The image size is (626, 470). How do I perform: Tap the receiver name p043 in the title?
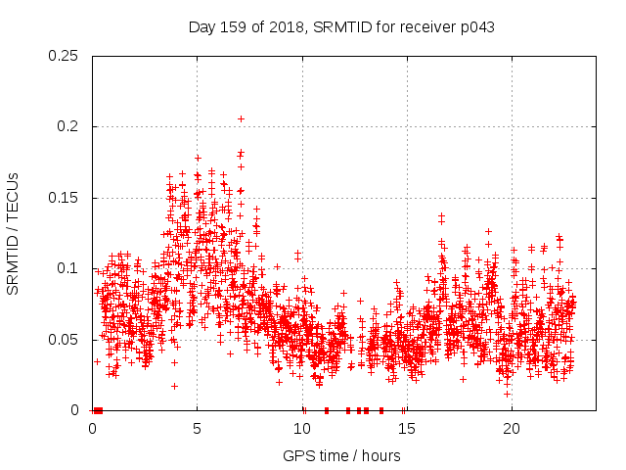pos(476,27)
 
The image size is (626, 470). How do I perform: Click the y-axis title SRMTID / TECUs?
pos(13,233)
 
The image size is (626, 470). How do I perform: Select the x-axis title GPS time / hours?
pos(341,455)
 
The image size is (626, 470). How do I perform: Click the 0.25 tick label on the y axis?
pos(65,56)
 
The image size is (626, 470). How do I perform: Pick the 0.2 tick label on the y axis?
pos(69,126)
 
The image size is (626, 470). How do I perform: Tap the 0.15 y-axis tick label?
pos(65,198)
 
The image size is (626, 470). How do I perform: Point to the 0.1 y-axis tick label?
pos(69,268)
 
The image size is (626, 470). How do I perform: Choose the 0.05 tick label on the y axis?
pos(65,340)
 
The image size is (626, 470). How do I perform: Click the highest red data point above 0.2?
pos(241,118)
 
